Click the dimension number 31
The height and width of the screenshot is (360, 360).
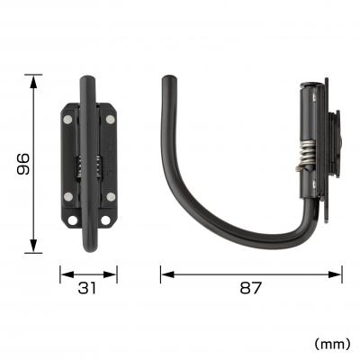point(88,289)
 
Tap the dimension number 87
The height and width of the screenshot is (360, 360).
point(251,289)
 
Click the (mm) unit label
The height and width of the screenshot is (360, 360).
point(332,343)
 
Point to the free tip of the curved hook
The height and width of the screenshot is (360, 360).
point(166,82)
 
